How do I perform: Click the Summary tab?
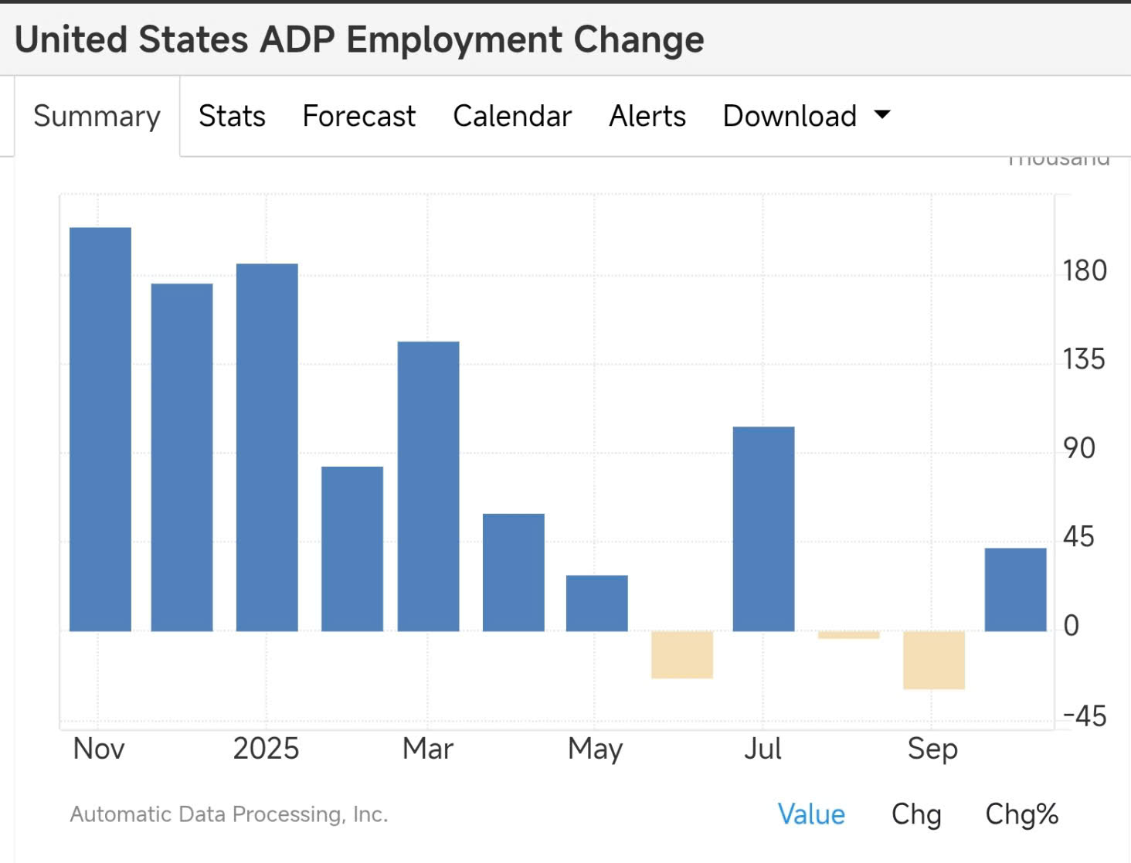point(97,116)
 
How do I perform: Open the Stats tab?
point(232,116)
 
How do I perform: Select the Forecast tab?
point(358,116)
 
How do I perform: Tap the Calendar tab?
point(512,116)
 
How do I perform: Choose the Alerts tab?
point(647,116)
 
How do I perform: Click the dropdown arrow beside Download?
point(882,115)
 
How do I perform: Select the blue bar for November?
point(100,429)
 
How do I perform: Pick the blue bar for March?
point(428,486)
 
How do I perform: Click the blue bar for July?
point(763,528)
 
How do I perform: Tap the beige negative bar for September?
point(933,660)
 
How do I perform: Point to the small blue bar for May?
point(596,603)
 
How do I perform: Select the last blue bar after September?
point(1015,589)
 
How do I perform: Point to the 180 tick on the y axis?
point(1085,271)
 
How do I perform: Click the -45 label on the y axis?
point(1085,716)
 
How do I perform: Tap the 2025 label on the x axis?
point(266,749)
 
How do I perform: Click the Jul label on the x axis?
point(762,749)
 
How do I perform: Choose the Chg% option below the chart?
point(1021,814)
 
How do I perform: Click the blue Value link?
point(811,814)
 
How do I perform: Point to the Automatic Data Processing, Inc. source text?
point(229,814)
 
